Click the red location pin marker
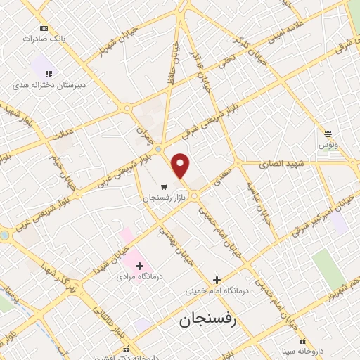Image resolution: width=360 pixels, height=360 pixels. click(181, 165)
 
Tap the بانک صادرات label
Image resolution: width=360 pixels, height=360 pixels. click(44, 39)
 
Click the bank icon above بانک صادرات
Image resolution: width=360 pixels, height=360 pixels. click(44, 28)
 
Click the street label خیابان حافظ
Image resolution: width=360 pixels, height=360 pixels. click(172, 67)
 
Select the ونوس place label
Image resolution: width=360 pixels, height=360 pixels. click(328, 145)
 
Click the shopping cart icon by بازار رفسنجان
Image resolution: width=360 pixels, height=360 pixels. click(163, 187)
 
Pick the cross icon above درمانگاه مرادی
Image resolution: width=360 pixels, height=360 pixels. click(139, 266)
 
